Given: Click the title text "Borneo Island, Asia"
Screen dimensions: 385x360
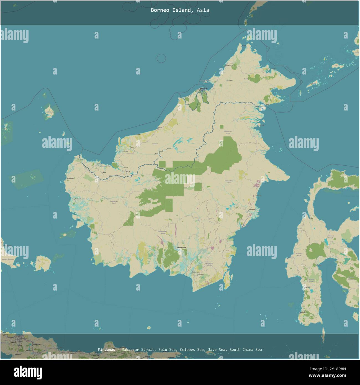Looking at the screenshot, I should coord(180,10).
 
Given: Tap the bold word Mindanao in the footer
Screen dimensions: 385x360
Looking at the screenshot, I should coord(106,350).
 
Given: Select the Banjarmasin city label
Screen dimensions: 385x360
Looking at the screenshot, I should coord(196,272).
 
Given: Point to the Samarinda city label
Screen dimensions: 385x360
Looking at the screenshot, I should coord(252,209).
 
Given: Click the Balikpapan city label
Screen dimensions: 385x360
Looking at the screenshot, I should coord(246,226).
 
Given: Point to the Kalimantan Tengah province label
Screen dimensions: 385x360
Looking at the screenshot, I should coord(163,232).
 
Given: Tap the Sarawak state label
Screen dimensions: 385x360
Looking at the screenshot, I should coord(155,144).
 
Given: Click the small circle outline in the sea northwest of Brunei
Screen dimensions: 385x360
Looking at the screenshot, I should coord(161,58).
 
